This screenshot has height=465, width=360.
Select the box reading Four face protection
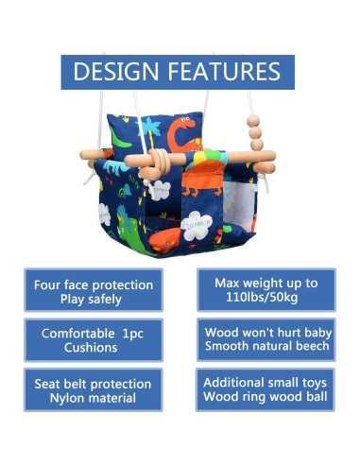pos(93,290)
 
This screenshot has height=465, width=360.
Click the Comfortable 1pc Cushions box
pos(93,340)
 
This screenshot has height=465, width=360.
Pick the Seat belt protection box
pos(93,390)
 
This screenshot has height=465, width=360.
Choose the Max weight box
pos(266,290)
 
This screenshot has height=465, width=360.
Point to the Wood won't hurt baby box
pos(266,340)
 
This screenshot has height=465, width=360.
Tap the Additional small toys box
pos(266,390)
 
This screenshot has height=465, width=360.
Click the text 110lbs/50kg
pos(266,298)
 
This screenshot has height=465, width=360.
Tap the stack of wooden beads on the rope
pos(251,131)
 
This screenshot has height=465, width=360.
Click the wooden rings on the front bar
pos(166,157)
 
